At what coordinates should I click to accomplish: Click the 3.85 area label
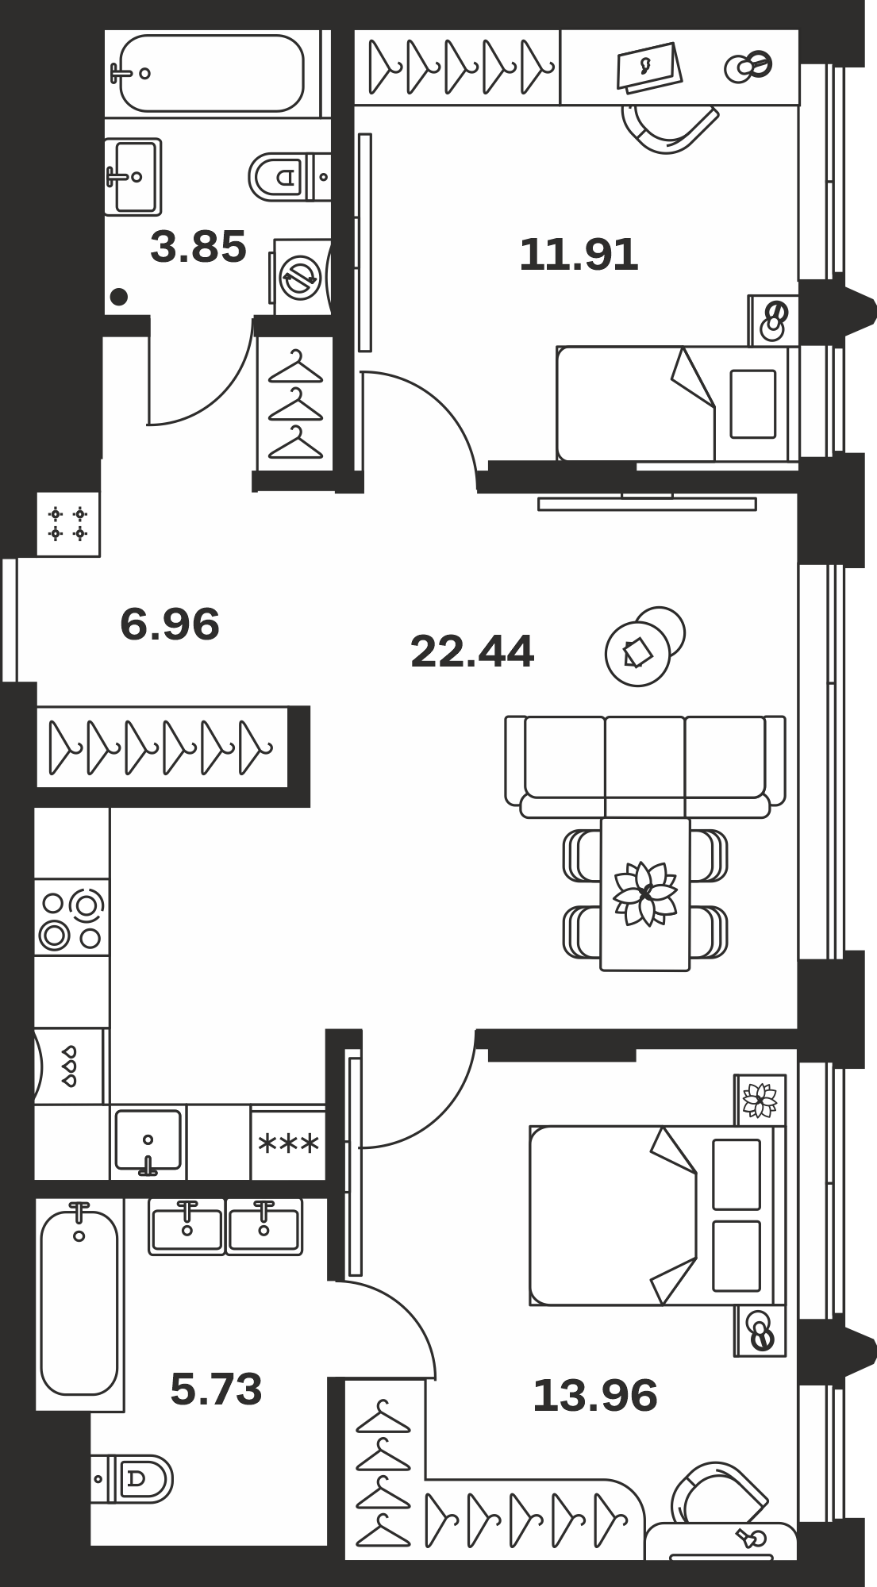click(x=198, y=247)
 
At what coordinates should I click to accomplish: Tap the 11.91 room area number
click(x=579, y=256)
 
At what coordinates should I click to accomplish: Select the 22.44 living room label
click(x=472, y=651)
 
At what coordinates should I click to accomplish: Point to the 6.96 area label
click(x=170, y=624)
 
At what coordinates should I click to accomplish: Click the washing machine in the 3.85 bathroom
click(x=301, y=277)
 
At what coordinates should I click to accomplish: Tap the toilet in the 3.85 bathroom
click(x=289, y=176)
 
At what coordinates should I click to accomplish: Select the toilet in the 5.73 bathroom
click(x=132, y=1478)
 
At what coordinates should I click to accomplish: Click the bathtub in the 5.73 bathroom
click(x=79, y=1305)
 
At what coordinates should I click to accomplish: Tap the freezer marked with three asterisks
click(x=288, y=1143)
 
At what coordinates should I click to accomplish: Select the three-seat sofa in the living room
click(x=645, y=767)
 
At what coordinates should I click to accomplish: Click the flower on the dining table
click(x=645, y=893)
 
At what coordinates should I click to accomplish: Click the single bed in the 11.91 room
click(x=677, y=403)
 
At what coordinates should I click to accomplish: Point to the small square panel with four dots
click(x=67, y=524)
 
